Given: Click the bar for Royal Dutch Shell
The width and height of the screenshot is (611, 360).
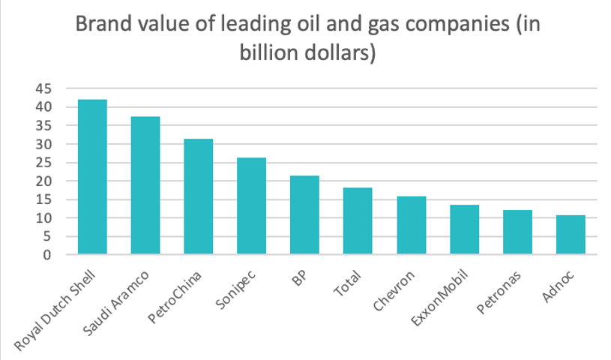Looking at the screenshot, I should (x=92, y=177).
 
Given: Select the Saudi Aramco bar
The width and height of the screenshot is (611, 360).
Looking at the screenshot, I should (x=145, y=186).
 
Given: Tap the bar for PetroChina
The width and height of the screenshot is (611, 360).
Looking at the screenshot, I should (x=199, y=196).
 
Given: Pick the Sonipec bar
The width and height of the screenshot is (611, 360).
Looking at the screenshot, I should (x=252, y=206).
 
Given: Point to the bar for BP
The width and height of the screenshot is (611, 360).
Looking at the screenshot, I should (x=305, y=215).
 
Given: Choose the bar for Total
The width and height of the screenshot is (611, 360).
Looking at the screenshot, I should (x=358, y=221).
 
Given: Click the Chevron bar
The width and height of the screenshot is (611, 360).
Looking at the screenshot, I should (x=412, y=226).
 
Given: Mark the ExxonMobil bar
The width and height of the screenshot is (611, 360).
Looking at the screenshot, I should (x=465, y=229).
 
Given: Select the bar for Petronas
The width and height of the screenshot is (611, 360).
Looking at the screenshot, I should (x=518, y=232).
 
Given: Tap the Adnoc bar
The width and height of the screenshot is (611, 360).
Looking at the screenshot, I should (x=571, y=235).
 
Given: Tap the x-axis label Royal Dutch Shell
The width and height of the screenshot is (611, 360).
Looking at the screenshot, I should (x=61, y=309).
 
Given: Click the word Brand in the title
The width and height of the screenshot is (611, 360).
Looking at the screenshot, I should (x=104, y=26).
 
